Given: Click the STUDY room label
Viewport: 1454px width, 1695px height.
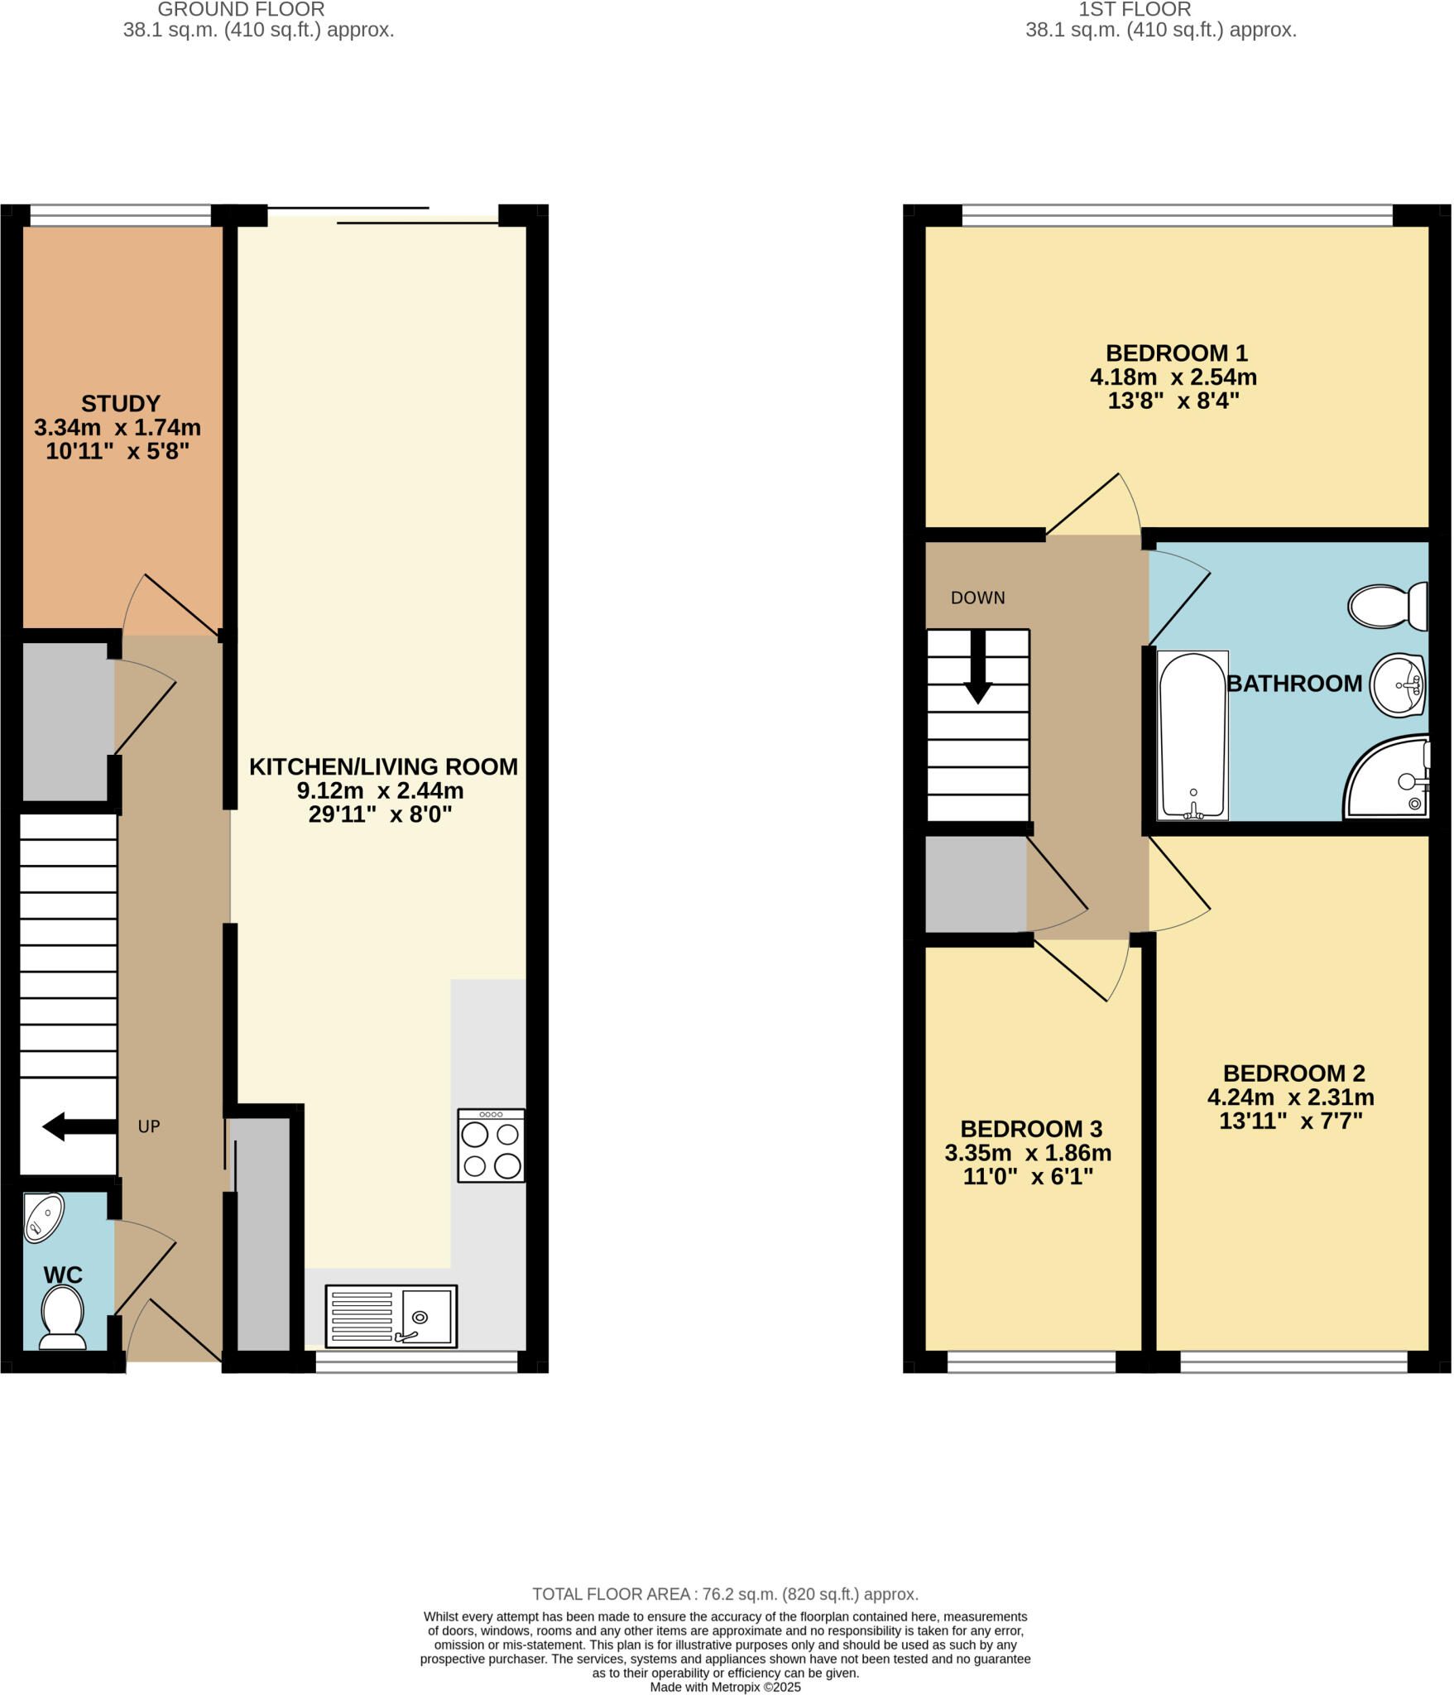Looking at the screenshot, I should click(x=121, y=404).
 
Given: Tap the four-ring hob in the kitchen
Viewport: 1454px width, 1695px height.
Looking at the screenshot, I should click(x=491, y=1146).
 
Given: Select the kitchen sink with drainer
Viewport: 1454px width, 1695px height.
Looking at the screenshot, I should click(x=391, y=1316).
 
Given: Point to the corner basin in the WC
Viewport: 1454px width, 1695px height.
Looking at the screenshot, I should click(x=43, y=1217).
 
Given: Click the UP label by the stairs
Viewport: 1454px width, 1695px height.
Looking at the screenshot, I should click(x=149, y=1127).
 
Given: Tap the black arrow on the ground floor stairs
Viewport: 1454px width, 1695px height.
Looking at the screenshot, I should click(x=78, y=1127).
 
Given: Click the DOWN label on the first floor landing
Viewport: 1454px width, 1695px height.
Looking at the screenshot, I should click(x=977, y=598).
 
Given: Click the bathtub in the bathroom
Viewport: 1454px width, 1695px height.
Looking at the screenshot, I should click(x=1192, y=736).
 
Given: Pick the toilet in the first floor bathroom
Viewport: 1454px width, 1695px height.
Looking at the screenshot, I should click(x=1387, y=606).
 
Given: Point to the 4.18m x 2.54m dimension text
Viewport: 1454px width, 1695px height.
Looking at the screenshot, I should click(x=1173, y=378).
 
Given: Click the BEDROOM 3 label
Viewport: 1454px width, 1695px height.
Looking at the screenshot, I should click(x=1030, y=1130).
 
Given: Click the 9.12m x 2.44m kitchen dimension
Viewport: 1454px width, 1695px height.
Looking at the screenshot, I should click(x=380, y=791).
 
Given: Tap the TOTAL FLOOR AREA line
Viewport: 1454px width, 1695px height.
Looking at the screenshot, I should click(x=725, y=1594).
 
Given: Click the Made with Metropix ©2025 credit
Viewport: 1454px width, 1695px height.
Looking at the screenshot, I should click(x=725, y=1687).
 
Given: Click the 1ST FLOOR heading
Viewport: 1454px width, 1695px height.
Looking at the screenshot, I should click(x=1135, y=10).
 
